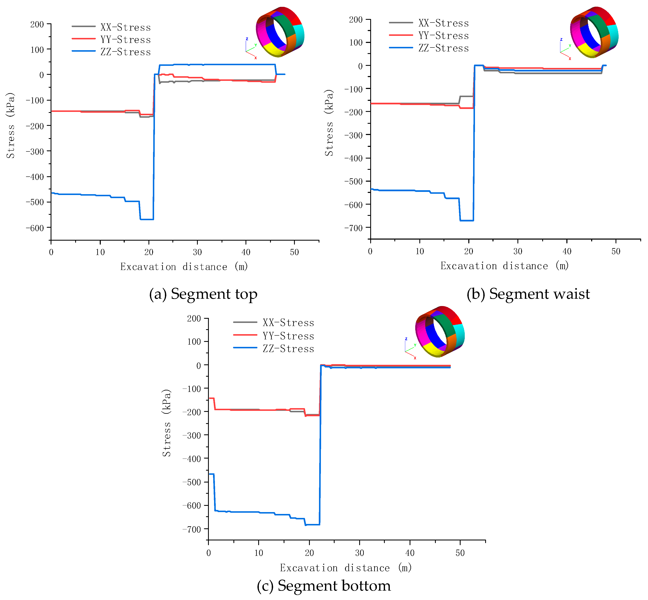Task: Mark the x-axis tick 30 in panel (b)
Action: click(x=518, y=251)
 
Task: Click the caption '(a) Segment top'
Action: click(x=203, y=294)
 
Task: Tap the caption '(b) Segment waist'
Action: click(x=528, y=294)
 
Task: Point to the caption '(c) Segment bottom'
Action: click(x=324, y=586)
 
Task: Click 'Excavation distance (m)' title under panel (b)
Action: click(x=505, y=266)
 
